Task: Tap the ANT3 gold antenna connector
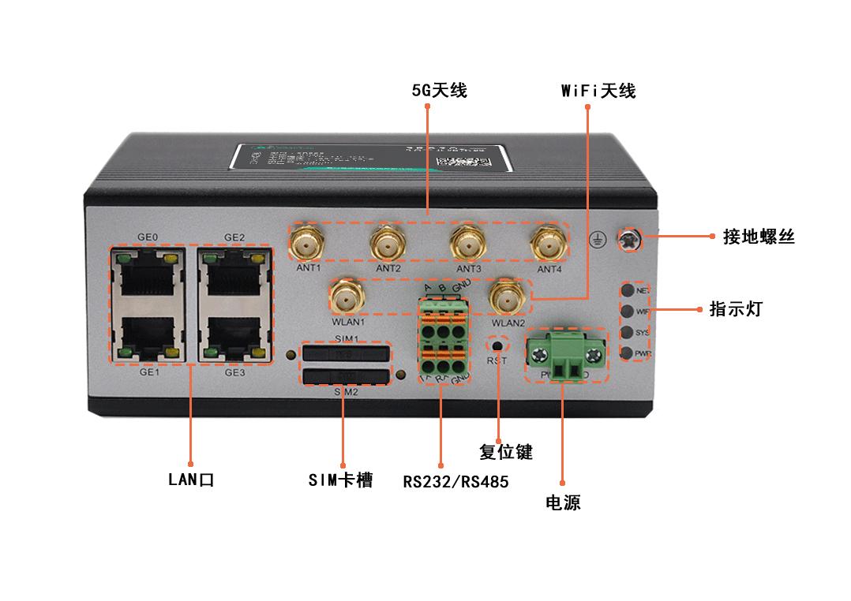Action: click(x=467, y=241)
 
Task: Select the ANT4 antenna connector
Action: click(x=548, y=241)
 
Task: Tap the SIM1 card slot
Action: click(x=345, y=354)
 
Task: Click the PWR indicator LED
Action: click(x=628, y=353)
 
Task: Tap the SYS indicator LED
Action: click(x=628, y=332)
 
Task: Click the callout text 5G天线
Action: click(x=440, y=91)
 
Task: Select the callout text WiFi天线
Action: click(x=598, y=91)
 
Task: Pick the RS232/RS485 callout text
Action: click(x=455, y=481)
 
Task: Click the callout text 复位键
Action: click(x=506, y=452)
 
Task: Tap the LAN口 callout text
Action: click(x=191, y=479)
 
